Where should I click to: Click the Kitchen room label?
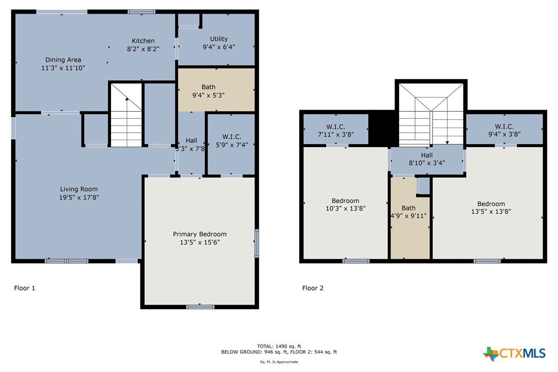tap(143, 41)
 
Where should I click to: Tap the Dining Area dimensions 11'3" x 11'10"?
tap(63, 68)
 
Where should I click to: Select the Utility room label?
tap(219, 39)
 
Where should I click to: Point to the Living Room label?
tap(79, 189)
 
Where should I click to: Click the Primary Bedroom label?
tap(200, 234)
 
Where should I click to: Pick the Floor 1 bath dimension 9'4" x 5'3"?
tap(208, 95)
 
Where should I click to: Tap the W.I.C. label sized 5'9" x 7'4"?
tap(231, 137)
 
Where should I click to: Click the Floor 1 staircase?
tap(127, 115)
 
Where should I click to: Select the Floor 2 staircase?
tap(431, 114)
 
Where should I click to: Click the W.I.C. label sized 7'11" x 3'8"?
tap(336, 127)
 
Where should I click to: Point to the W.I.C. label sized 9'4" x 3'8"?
tap(505, 127)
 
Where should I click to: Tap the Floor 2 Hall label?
tap(427, 155)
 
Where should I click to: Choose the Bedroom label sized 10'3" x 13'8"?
tap(345, 201)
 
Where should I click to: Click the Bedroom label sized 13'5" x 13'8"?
tap(491, 204)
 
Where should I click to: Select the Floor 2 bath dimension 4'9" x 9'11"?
tap(408, 216)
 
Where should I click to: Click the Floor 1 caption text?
tap(25, 288)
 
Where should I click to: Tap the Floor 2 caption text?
tap(313, 288)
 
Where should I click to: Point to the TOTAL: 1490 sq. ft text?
tap(279, 346)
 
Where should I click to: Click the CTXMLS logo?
tap(514, 353)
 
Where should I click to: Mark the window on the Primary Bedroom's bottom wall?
tap(201, 307)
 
